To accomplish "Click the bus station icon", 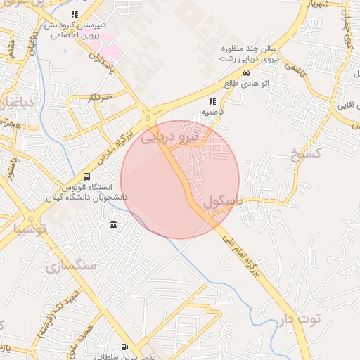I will [x=86, y=177].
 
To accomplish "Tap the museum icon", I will [x=114, y=224].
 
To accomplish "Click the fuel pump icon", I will [x=124, y=347].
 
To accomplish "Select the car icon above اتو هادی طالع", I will [x=246, y=72].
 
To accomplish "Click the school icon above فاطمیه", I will [x=212, y=102].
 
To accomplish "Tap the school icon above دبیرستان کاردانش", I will [x=75, y=14].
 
